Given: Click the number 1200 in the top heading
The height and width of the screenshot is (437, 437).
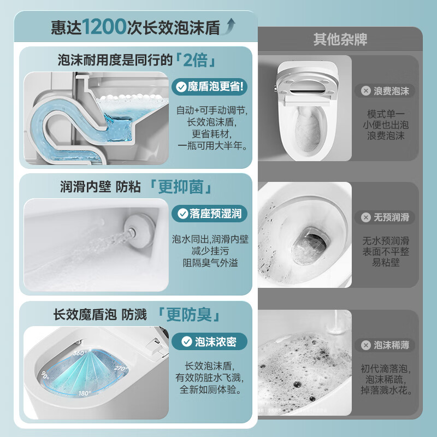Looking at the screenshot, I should coord(105,27).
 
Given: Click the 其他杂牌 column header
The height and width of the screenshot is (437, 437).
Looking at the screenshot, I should coord(340,40).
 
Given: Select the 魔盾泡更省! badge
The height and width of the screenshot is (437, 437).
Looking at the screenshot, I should coord(210,86).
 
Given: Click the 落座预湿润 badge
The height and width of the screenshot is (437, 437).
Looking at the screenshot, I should coord(210,214).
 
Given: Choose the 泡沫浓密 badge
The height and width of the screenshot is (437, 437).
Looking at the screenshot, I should coord(210,342).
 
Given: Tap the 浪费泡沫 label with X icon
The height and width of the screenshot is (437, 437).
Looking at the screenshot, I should coord(385,91).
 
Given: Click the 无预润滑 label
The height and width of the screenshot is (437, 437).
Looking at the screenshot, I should coord(385,217).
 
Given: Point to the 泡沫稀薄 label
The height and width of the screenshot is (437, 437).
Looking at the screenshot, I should coord(385,345).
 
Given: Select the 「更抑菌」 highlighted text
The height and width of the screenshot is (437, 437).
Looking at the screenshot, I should coord(180,187).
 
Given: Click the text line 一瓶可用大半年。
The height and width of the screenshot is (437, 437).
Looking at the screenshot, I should coord(212,146).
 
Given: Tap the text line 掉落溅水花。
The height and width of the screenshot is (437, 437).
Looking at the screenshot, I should coord(387,391).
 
